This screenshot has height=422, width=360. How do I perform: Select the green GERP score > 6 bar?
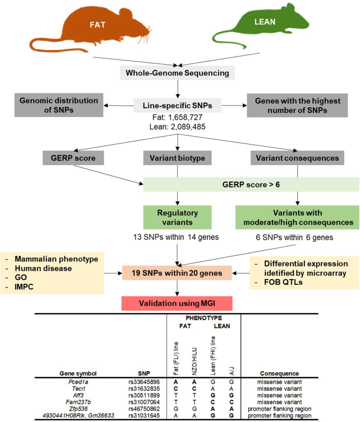(251, 184)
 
